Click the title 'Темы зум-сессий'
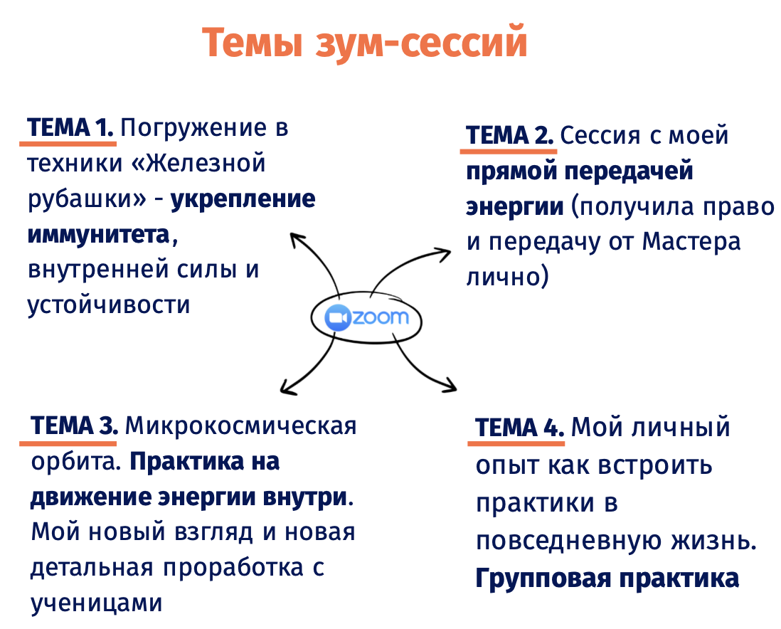pyautogui.click(x=365, y=43)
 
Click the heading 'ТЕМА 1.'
pyautogui.click(x=70, y=127)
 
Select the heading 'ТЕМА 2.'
pyautogui.click(x=509, y=136)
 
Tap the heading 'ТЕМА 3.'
pyautogui.click(x=74, y=425)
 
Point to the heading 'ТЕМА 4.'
pyautogui.click(x=519, y=428)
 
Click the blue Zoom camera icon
pyautogui.click(x=338, y=317)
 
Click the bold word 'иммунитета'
pyautogui.click(x=99, y=234)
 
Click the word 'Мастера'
pyautogui.click(x=691, y=241)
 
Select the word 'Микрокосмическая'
pyautogui.click(x=240, y=426)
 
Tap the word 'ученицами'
pyautogui.click(x=97, y=604)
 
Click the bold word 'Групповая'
pyautogui.click(x=543, y=579)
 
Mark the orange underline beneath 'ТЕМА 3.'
pyautogui.click(x=68, y=443)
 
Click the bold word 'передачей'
pyautogui.click(x=629, y=171)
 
